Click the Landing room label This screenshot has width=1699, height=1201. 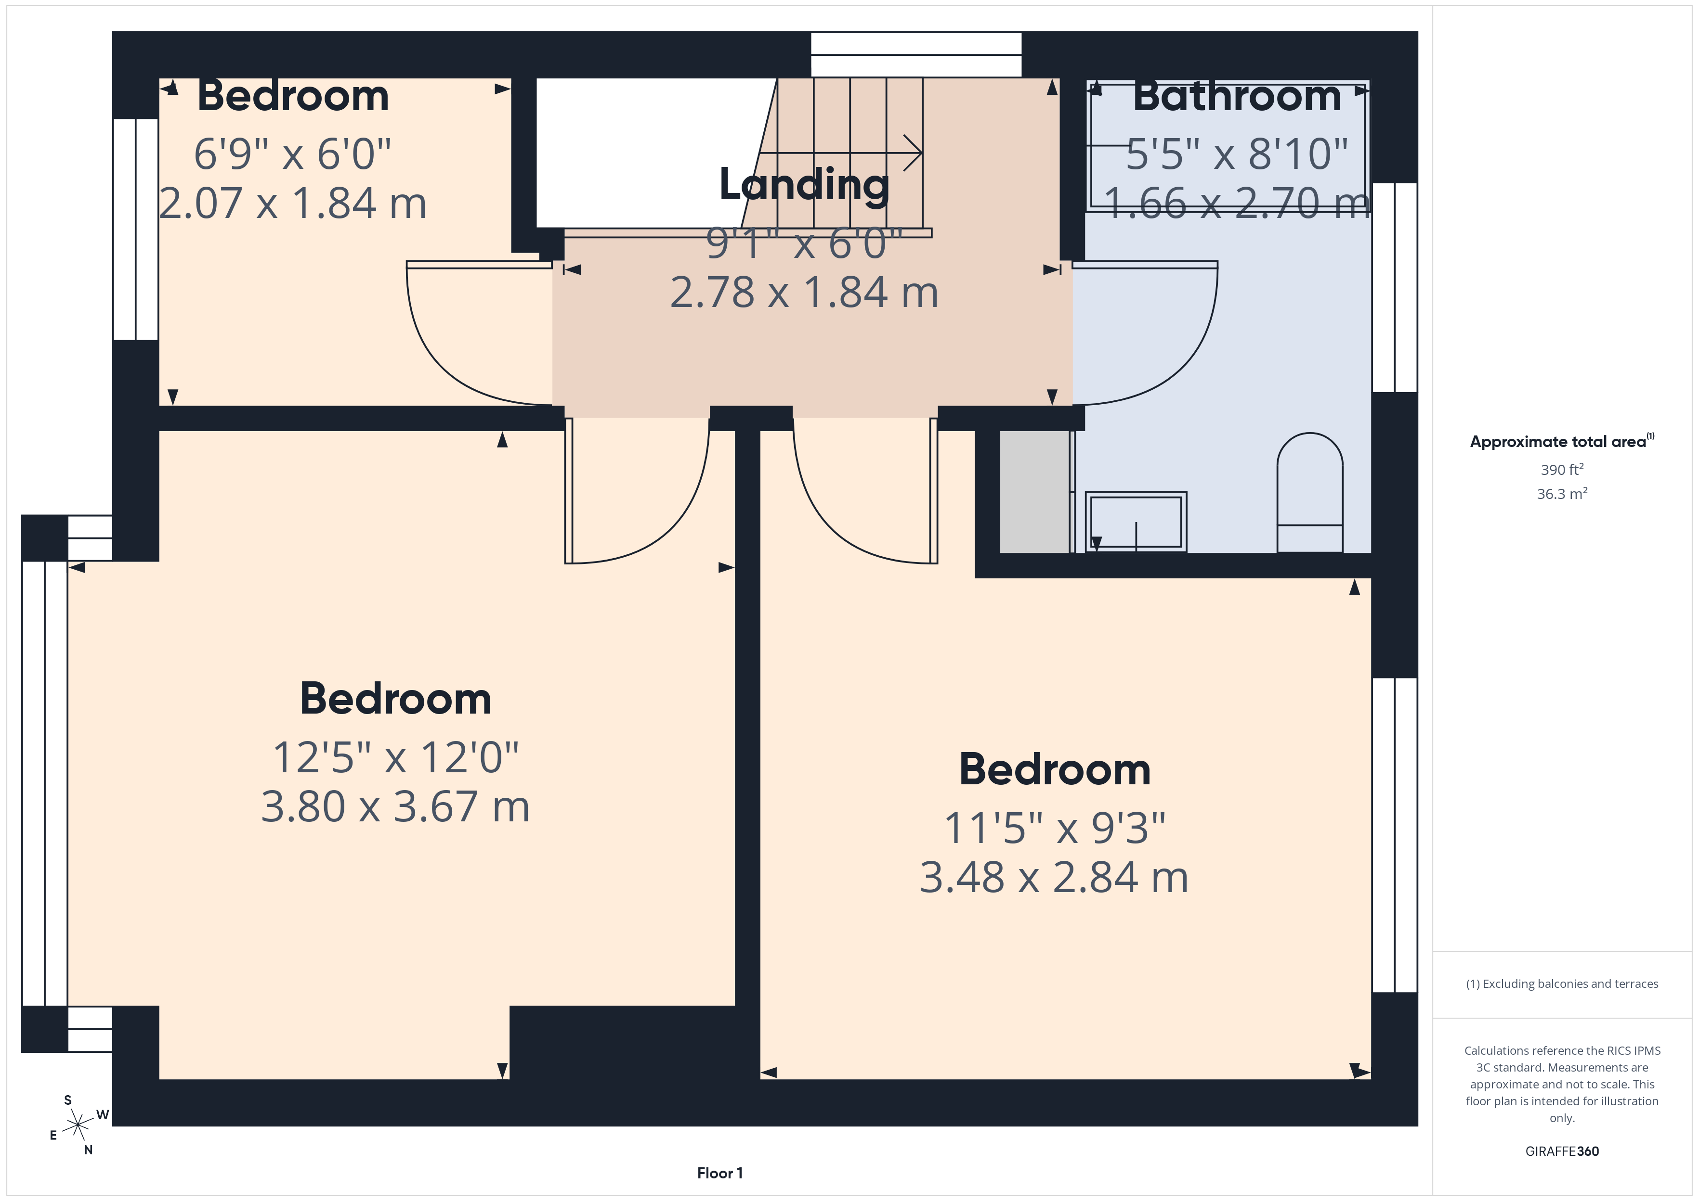[804, 185]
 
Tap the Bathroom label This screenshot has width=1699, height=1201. [1237, 96]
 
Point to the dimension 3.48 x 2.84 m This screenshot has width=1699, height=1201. [1054, 877]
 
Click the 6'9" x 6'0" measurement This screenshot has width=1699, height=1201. [292, 154]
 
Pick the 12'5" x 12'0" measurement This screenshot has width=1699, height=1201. [395, 757]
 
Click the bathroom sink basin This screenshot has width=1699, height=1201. [1136, 522]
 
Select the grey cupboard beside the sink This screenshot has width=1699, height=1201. [1034, 491]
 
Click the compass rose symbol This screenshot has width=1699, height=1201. [78, 1125]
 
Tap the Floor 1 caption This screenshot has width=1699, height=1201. [719, 1173]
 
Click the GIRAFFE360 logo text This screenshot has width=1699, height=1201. [1562, 1151]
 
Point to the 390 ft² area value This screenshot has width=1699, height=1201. [1562, 470]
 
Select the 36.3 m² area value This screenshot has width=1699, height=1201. [1562, 493]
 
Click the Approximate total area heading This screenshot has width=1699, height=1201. [1561, 442]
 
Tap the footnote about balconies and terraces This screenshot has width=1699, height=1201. [1562, 984]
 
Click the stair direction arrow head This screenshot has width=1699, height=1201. [915, 153]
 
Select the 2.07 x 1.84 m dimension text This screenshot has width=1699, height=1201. [293, 204]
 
